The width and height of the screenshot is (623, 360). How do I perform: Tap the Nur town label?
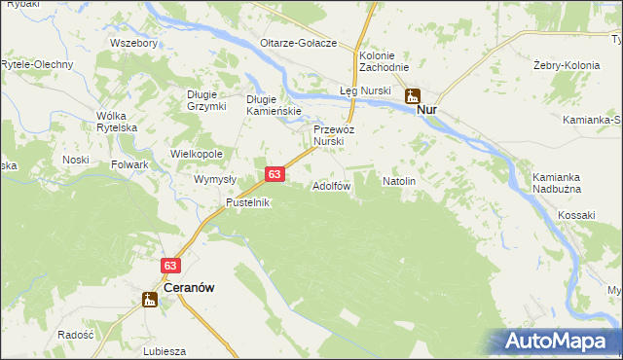[x=426, y=110]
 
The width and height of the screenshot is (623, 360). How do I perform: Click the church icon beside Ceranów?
[x=150, y=300]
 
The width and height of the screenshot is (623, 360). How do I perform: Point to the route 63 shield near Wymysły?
[x=275, y=174]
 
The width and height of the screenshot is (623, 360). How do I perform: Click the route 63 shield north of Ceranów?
[x=171, y=265]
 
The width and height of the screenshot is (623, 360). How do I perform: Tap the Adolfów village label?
[x=331, y=185]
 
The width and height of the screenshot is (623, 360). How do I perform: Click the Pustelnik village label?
[x=247, y=202]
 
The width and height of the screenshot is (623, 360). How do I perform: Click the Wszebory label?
[x=134, y=43]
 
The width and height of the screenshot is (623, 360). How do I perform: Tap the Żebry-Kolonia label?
[x=563, y=65]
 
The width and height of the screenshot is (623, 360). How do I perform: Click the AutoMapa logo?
[x=556, y=341]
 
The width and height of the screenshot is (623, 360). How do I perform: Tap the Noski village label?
[x=75, y=159]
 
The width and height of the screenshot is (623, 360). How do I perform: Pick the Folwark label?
[x=129, y=165]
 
